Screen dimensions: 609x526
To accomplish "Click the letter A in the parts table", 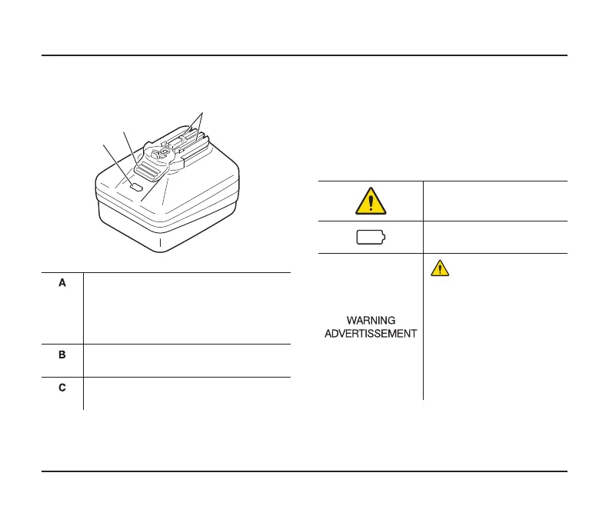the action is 63,283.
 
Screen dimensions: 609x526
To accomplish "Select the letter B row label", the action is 63,355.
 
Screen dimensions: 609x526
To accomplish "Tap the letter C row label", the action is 63,388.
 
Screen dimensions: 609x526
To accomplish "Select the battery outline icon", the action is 371,238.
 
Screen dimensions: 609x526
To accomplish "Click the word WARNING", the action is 371,320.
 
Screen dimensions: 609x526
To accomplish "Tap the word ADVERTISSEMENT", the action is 371,333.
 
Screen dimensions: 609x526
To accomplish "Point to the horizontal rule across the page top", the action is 304,55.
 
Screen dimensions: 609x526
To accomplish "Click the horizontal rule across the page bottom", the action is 304,471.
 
